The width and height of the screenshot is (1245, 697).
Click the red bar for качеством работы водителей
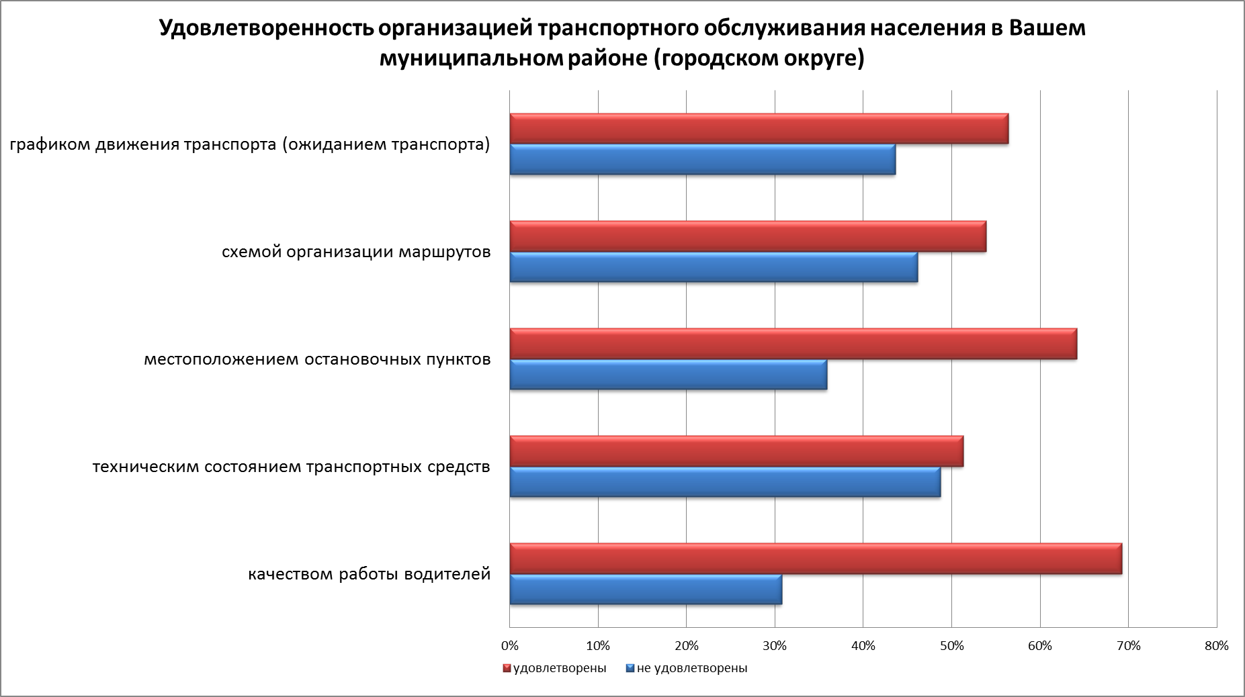pos(816,559)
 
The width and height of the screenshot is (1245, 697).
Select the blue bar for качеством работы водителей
pos(646,590)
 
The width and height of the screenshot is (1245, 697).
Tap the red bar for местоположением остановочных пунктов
pos(793,344)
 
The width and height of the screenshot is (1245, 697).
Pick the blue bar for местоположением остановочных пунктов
pos(669,375)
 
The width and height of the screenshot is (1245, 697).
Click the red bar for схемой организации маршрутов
pos(748,236)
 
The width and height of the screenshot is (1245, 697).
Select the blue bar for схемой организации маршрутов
pos(714,267)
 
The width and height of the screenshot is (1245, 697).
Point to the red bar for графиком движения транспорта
pos(759,129)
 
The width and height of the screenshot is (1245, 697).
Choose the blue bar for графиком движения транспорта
pos(703,160)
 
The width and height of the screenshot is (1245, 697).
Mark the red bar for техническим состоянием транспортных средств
pos(736,451)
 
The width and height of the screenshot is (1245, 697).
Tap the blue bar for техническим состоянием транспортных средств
pos(725,482)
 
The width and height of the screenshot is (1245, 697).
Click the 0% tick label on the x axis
pos(510,646)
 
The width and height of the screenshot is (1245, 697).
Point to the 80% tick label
pos(1217,646)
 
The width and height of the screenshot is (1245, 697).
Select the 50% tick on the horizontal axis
pos(951,646)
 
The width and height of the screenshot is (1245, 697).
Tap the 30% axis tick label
pos(775,646)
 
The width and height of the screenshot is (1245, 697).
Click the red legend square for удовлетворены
pos(507,669)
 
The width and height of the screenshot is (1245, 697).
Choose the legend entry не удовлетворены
pos(691,669)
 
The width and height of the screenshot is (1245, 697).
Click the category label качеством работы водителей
pos(370,575)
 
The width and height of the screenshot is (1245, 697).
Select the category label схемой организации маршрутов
pos(356,252)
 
